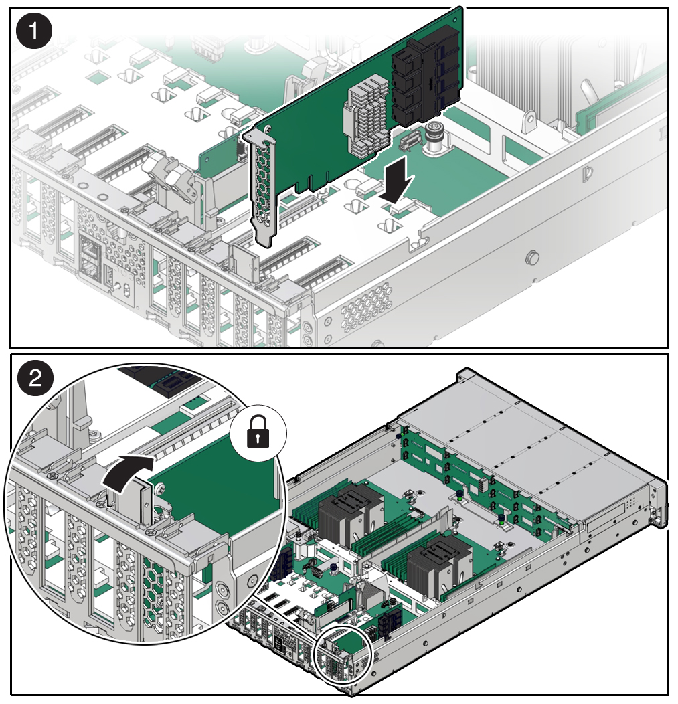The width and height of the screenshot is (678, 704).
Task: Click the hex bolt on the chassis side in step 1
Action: pyautogui.click(x=532, y=256)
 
